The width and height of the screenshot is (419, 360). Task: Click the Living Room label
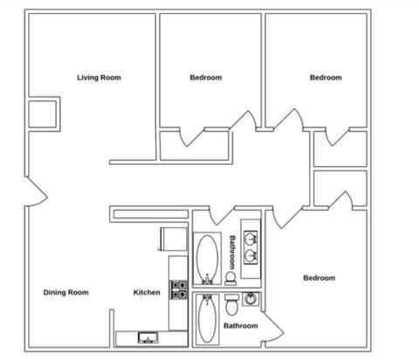click(x=99, y=78)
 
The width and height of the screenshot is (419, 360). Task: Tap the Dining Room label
click(x=65, y=292)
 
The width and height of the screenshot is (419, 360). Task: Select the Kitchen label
click(x=147, y=292)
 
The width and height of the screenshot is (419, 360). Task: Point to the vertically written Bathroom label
click(x=232, y=253)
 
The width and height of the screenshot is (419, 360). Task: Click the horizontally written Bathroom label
click(x=241, y=326)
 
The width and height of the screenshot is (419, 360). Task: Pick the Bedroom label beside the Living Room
click(x=206, y=78)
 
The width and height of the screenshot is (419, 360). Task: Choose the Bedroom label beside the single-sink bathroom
click(x=319, y=278)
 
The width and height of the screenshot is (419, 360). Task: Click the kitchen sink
click(x=148, y=338)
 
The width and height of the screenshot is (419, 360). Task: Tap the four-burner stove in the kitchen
click(x=179, y=289)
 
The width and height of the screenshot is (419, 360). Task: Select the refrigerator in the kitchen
click(x=173, y=239)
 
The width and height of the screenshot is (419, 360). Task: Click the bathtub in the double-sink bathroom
click(x=207, y=259)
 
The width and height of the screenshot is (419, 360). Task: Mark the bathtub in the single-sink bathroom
click(x=207, y=319)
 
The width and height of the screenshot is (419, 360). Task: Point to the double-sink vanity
click(x=251, y=249)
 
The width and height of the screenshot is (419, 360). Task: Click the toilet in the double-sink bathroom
click(x=230, y=278)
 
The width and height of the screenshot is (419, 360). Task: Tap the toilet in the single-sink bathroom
click(x=232, y=304)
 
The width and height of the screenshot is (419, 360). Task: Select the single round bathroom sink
click(x=250, y=299)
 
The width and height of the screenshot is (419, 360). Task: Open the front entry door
click(x=37, y=191)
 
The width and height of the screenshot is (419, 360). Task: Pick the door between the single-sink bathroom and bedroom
click(x=272, y=326)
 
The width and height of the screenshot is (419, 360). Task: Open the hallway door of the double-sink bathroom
click(x=222, y=216)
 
